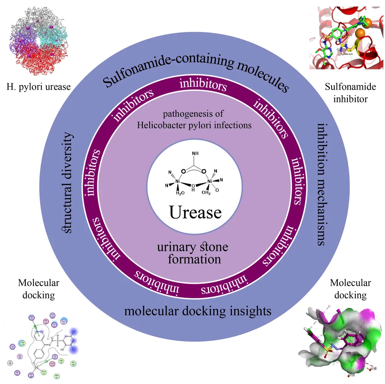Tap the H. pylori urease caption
point(38,87)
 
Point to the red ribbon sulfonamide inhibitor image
point(346,38)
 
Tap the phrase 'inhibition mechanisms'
point(321,184)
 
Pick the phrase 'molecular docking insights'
point(197,311)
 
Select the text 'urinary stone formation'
point(192,253)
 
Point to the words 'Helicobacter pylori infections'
point(194,125)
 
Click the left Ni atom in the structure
point(178,182)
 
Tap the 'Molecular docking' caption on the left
point(38,289)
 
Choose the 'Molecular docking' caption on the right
point(350,289)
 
